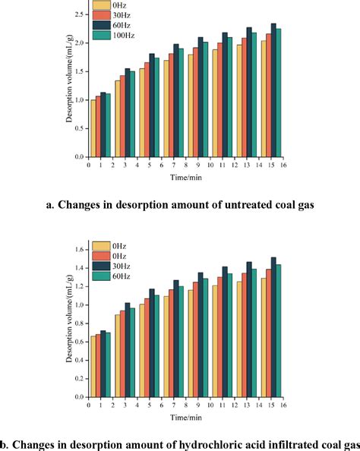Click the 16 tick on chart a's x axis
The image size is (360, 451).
283,164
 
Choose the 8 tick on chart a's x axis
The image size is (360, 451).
185,164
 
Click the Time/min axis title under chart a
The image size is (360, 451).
185,177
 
